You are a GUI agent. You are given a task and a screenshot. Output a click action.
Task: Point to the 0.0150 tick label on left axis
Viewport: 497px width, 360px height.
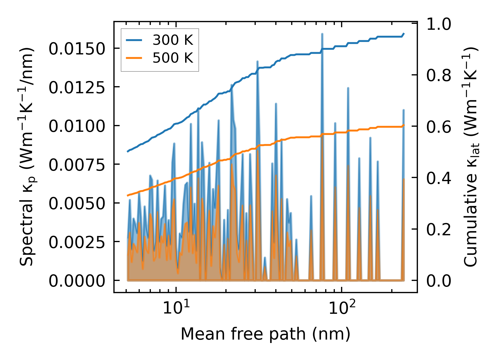tap(77, 49)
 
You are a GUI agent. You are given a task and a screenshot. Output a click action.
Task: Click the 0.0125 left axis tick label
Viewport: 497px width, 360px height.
tap(77, 88)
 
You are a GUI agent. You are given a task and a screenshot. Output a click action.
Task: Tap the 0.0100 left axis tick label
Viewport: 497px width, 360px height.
tap(77, 126)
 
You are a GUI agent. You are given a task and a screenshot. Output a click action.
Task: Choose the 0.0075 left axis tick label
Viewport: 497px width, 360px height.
tap(77, 165)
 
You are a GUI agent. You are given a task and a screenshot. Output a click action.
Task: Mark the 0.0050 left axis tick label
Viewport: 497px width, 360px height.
tap(77, 204)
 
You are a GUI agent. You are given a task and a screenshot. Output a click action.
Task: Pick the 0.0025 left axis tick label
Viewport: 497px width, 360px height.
tap(77, 242)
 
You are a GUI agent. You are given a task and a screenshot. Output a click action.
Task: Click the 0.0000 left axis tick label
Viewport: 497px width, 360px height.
tap(77, 281)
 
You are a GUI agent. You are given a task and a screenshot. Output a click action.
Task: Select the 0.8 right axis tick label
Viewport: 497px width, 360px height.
tap(439, 75)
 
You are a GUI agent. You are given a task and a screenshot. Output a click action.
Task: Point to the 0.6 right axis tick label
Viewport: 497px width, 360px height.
tap(439, 127)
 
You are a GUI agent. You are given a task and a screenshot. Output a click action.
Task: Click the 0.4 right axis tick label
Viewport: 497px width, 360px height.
tap(439, 178)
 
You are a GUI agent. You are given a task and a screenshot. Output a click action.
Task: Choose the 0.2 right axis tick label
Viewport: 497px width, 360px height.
tap(439, 230)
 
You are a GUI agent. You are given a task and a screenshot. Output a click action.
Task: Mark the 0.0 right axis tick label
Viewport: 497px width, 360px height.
tap(439, 281)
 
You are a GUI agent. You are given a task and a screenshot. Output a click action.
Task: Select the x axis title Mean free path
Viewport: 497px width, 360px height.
tap(265, 334)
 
